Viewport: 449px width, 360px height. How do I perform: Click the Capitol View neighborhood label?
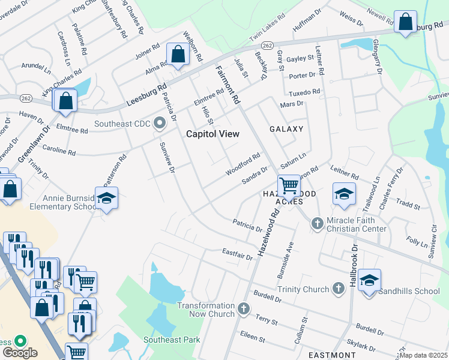212,134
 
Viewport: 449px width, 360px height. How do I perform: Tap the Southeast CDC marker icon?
159,124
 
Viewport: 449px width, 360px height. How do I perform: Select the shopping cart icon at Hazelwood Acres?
289,185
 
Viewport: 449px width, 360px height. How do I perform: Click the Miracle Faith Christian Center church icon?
318,224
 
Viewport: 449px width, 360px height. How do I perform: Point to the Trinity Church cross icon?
338,289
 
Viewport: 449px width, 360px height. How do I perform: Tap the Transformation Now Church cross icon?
243,309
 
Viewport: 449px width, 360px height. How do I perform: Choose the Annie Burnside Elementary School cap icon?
106,197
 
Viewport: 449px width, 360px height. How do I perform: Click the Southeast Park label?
172,340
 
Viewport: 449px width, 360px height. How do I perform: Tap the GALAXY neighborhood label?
286,129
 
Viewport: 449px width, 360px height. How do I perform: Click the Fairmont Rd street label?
228,85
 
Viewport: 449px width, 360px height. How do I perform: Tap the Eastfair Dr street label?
237,254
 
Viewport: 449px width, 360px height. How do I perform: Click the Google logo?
19,352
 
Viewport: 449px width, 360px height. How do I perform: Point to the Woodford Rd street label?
243,164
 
